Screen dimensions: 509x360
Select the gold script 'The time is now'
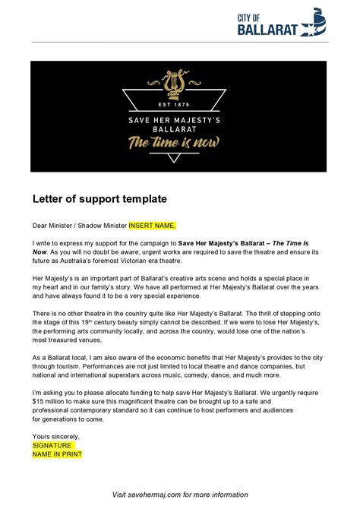(180, 143)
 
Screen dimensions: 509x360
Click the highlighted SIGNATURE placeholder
(52, 445)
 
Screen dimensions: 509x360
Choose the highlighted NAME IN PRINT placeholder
(57, 454)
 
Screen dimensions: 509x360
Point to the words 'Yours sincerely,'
(55, 436)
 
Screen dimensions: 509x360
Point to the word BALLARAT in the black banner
(180, 128)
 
